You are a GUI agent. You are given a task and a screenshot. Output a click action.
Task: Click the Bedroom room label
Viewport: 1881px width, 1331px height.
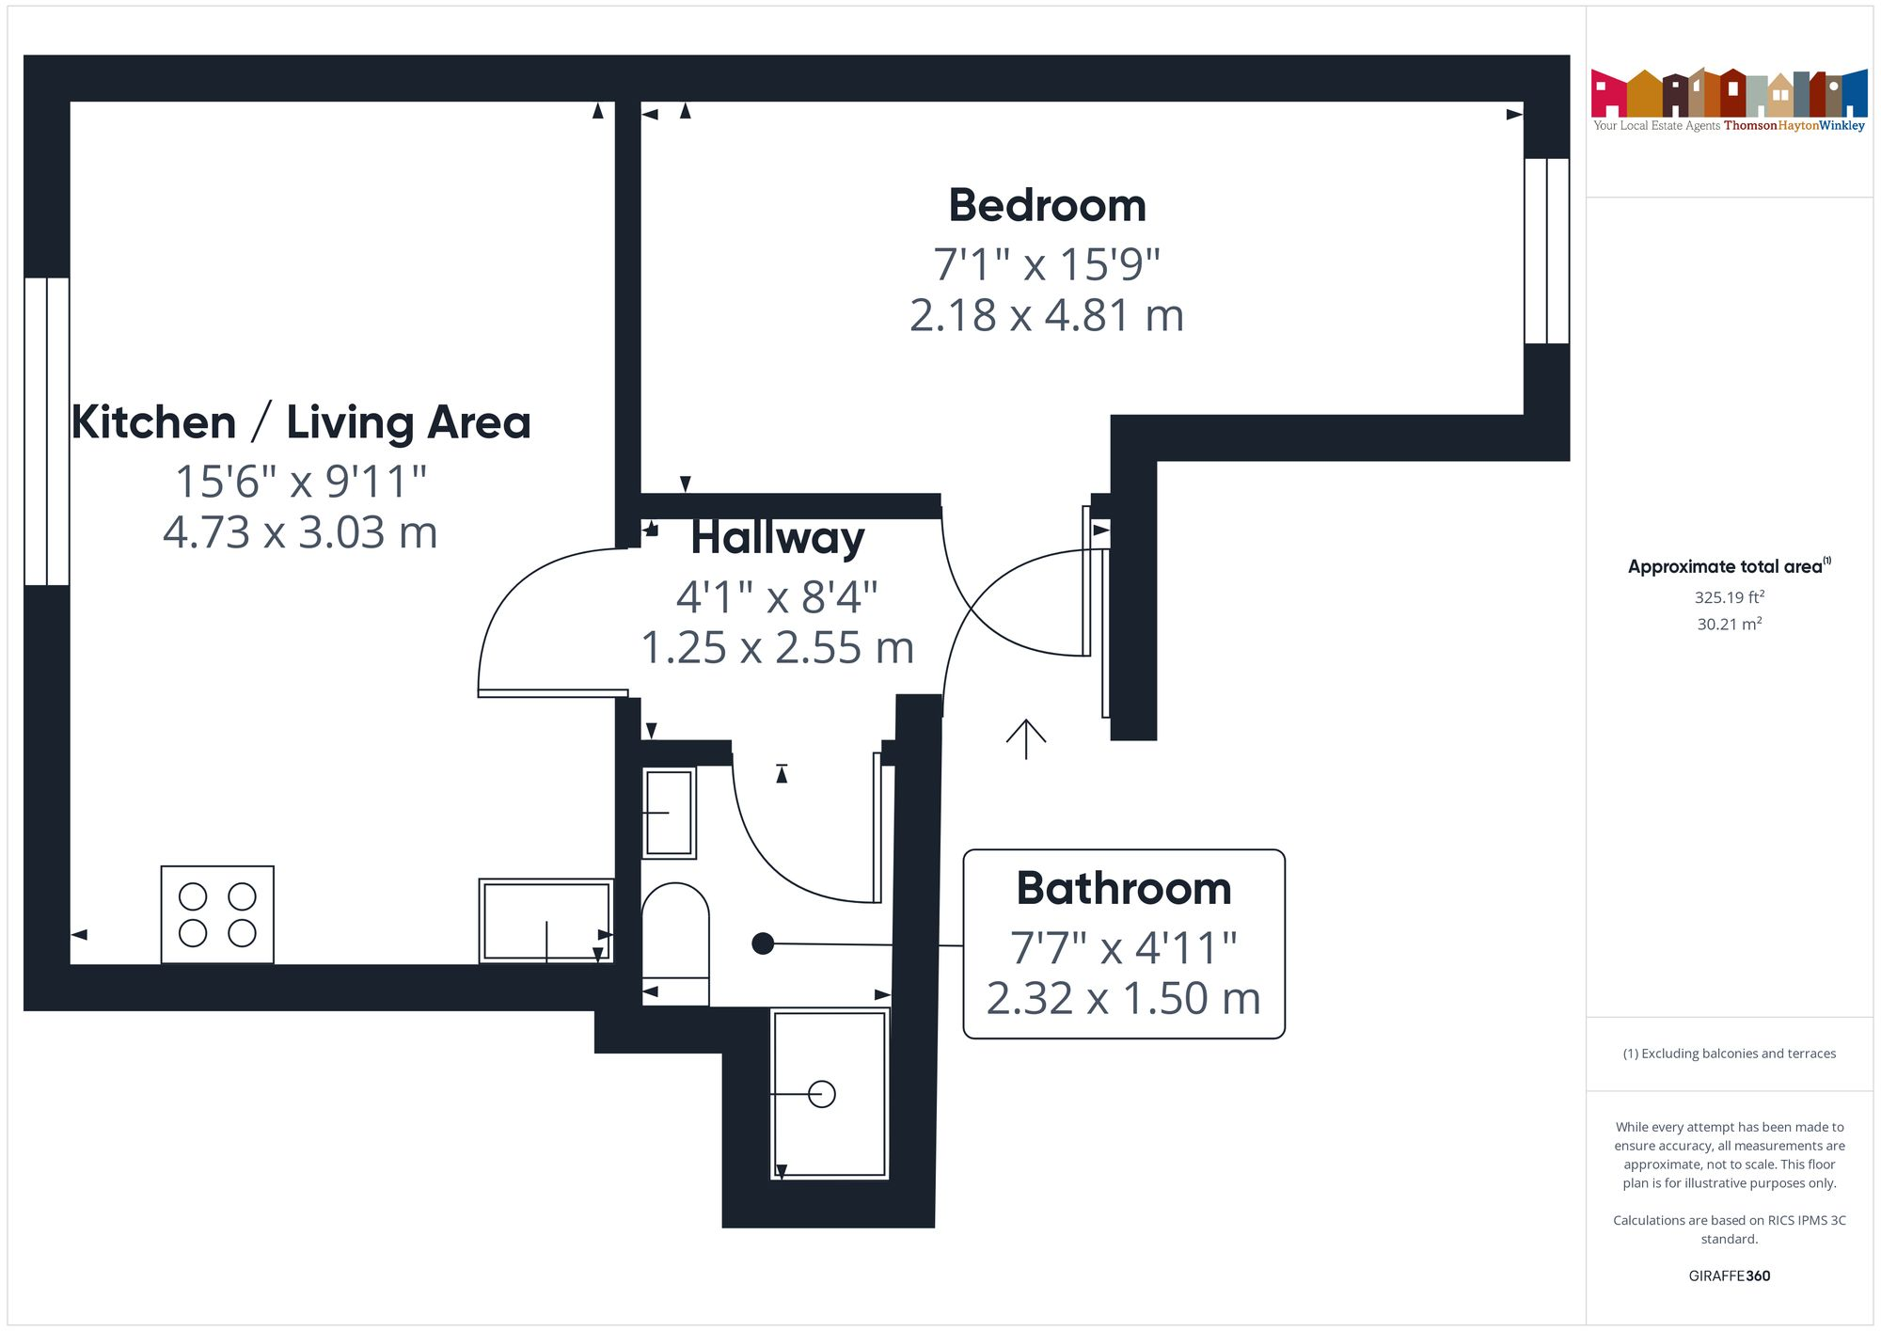tap(1047, 206)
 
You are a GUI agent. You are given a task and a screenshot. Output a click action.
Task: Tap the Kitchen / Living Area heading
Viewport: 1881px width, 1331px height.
tap(301, 422)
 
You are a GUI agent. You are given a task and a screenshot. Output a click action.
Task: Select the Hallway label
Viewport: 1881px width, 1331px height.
tap(778, 538)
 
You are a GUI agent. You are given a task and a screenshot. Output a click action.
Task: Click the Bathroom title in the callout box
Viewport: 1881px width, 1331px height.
tap(1124, 889)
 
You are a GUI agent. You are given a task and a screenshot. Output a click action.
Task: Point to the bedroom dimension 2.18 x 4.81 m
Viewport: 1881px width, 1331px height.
tap(1047, 315)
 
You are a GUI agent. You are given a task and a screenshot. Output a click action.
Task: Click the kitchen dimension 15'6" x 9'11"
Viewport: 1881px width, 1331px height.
tap(301, 482)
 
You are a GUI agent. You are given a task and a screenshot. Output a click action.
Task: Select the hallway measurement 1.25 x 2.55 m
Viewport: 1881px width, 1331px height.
tap(778, 648)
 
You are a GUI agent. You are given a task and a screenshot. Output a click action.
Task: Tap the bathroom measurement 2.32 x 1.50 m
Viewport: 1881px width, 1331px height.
tap(1124, 998)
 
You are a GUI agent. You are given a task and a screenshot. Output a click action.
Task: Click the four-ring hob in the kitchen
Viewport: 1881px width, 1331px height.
tap(217, 914)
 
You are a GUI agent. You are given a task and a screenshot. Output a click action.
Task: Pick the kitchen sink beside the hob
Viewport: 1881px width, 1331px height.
tap(545, 920)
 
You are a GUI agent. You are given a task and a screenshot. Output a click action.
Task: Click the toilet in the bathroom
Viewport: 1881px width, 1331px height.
tap(675, 941)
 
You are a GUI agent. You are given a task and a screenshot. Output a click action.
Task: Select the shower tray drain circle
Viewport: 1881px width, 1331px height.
tap(822, 1094)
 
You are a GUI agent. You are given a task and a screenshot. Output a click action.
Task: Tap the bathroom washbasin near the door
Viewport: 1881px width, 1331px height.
tap(669, 813)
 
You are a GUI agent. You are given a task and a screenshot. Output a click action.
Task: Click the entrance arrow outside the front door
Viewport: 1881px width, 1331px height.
tap(1026, 738)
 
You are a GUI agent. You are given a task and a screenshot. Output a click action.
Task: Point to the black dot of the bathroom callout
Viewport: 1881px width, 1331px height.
tap(763, 943)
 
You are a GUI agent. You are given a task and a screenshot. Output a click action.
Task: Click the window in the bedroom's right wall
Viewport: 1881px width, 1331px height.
tap(1546, 250)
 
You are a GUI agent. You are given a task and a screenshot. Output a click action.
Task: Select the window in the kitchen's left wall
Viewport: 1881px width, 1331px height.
tap(47, 431)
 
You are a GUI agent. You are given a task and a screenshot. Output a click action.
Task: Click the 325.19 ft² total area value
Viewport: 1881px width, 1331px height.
tap(1729, 597)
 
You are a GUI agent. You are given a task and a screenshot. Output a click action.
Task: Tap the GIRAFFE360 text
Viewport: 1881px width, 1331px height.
tap(1729, 1276)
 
